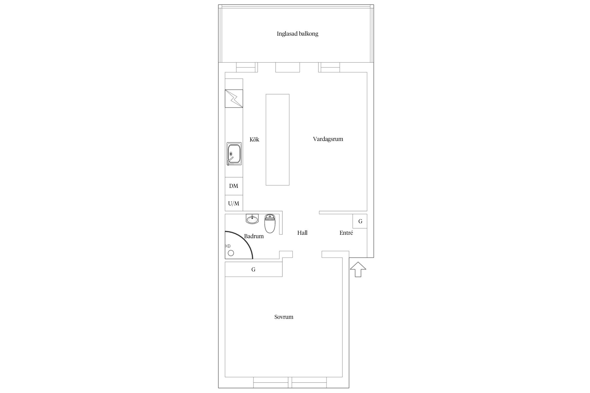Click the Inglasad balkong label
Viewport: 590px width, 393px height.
coord(297,34)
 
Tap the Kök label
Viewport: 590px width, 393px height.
coord(254,139)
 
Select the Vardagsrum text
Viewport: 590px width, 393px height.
coord(328,139)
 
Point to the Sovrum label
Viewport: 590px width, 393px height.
coord(284,317)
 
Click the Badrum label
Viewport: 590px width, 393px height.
coord(254,236)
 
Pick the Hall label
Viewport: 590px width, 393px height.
coord(302,233)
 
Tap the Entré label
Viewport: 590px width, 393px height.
coord(346,233)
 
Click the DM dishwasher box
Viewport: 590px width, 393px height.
coord(234,186)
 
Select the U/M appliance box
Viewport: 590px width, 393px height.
coord(234,203)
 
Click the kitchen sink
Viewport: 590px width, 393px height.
coord(234,154)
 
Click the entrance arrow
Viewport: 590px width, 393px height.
coord(358,269)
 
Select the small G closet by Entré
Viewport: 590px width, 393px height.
coord(360,221)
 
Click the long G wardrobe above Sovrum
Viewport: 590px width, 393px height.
coord(254,269)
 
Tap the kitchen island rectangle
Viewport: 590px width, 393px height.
coord(277,140)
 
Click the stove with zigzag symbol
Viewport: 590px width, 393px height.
coord(234,99)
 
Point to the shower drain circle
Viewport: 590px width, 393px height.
coord(231,253)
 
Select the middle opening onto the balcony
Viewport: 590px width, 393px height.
coord(287,67)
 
